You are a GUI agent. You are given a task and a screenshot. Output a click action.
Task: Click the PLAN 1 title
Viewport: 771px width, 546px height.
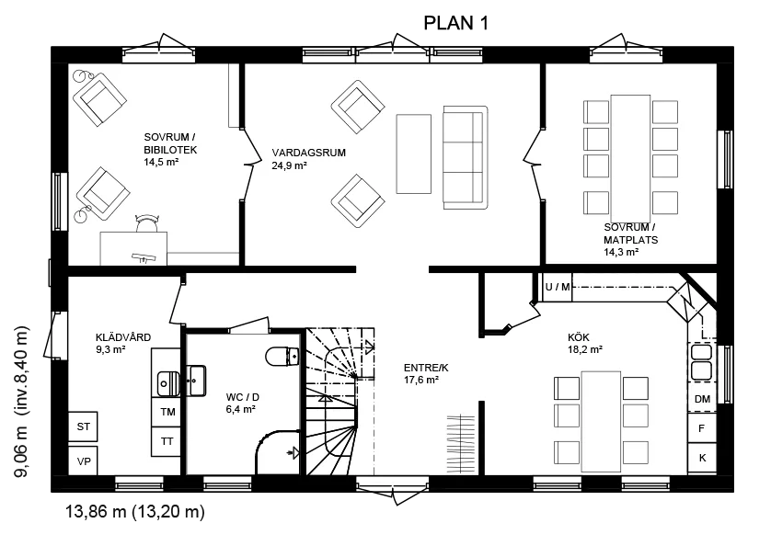455,23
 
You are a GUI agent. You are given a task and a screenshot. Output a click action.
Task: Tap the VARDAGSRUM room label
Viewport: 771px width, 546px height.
309,153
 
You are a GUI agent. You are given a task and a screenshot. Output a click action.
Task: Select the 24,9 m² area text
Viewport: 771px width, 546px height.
289,165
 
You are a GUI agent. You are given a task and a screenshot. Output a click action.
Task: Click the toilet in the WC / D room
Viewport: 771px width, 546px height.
282,357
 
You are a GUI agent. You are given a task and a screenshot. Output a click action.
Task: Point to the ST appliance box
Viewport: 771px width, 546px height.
83,427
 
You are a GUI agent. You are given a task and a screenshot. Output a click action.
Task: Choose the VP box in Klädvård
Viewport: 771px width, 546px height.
83,461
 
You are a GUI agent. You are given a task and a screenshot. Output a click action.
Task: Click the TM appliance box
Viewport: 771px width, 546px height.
167,412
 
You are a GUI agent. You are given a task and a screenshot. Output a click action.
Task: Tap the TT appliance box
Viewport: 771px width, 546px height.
167,441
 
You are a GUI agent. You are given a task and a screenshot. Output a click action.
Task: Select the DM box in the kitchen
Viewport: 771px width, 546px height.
702,399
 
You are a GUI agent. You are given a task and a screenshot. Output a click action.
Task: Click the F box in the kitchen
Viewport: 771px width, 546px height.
702,428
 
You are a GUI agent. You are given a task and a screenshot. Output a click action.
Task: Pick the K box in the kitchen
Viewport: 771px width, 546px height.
702,458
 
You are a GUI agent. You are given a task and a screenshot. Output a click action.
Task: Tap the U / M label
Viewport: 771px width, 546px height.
558,287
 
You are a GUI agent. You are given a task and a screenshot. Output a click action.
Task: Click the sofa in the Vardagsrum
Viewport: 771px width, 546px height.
466,158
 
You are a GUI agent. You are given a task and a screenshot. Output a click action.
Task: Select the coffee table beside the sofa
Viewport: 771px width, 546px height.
413,154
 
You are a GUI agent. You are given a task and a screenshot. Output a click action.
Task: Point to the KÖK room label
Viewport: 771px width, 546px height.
578,337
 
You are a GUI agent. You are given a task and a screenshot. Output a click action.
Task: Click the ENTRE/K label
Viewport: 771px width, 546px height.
426,368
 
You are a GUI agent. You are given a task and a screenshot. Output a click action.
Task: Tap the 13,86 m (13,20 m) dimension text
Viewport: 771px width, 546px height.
135,512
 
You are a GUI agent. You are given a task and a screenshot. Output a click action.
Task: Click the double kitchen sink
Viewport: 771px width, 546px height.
701,361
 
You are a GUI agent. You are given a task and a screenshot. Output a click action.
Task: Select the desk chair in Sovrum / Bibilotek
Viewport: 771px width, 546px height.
147,223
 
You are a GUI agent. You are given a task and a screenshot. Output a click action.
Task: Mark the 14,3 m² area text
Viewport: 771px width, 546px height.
621,252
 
